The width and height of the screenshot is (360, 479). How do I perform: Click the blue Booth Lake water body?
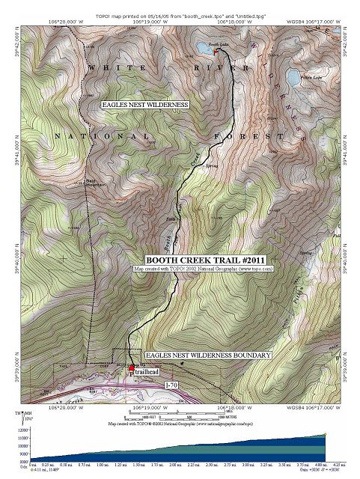tap(204, 52)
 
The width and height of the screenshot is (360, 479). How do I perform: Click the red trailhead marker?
tap(132, 368)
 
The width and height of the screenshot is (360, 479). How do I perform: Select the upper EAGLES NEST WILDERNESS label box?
tap(144, 106)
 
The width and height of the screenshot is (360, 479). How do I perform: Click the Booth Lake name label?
tap(218, 44)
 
